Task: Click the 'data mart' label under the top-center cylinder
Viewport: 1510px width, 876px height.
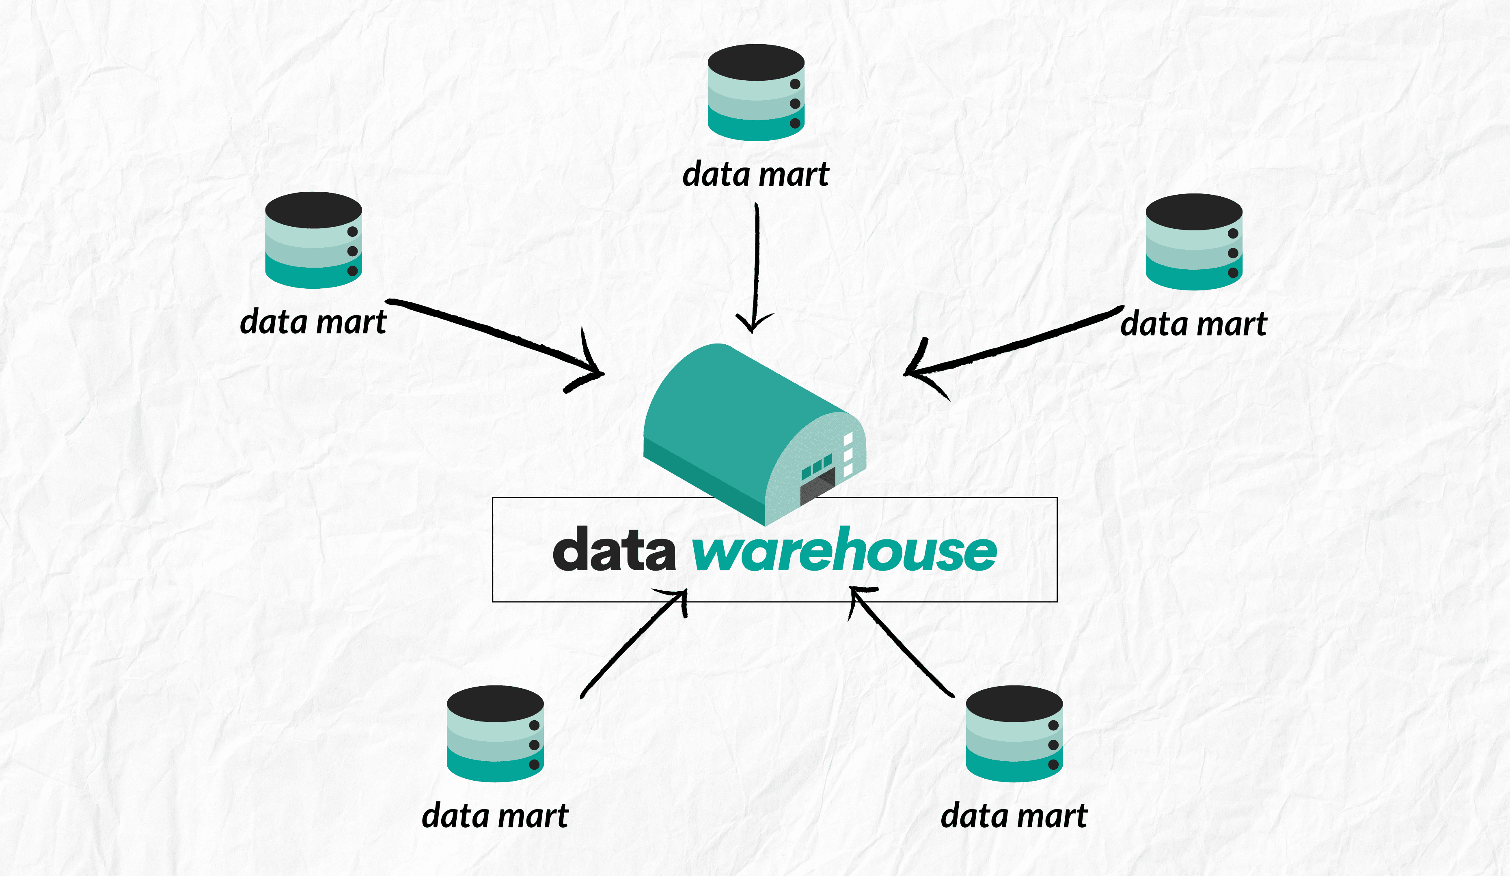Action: (755, 175)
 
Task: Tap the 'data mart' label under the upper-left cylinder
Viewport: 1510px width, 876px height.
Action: (313, 322)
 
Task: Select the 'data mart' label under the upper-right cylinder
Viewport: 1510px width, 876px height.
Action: (1194, 324)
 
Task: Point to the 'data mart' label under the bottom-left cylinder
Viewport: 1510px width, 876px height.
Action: (495, 816)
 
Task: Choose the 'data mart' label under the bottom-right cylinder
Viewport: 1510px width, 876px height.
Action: (1014, 816)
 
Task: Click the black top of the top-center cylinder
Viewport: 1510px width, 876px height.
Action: (755, 62)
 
